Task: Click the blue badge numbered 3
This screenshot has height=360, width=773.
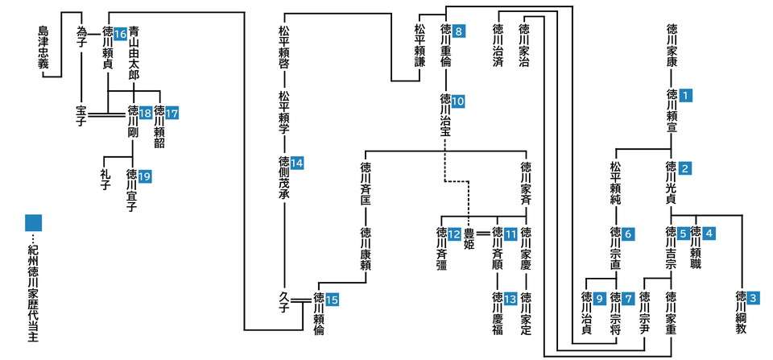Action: click(753, 297)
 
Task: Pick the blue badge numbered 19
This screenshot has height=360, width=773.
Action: click(145, 174)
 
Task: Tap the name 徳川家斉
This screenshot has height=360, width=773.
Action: click(526, 185)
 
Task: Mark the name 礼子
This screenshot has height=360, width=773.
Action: click(105, 179)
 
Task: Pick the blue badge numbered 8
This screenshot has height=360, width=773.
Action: click(459, 32)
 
